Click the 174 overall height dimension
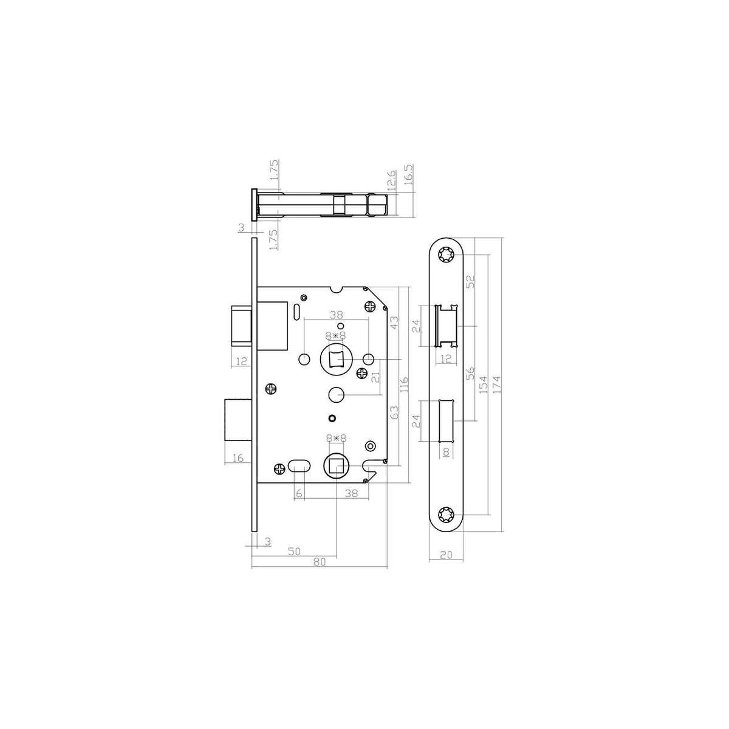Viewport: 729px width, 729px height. pyautogui.click(x=497, y=385)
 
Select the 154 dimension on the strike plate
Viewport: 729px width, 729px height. pyautogui.click(x=483, y=385)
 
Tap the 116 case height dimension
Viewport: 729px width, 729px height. pyautogui.click(x=404, y=384)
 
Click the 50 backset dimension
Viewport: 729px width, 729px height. pyautogui.click(x=294, y=551)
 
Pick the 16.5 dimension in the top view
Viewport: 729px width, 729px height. pyautogui.click(x=409, y=174)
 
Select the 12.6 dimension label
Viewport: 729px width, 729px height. pyautogui.click(x=392, y=180)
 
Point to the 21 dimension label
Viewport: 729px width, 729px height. pyautogui.click(x=375, y=377)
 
